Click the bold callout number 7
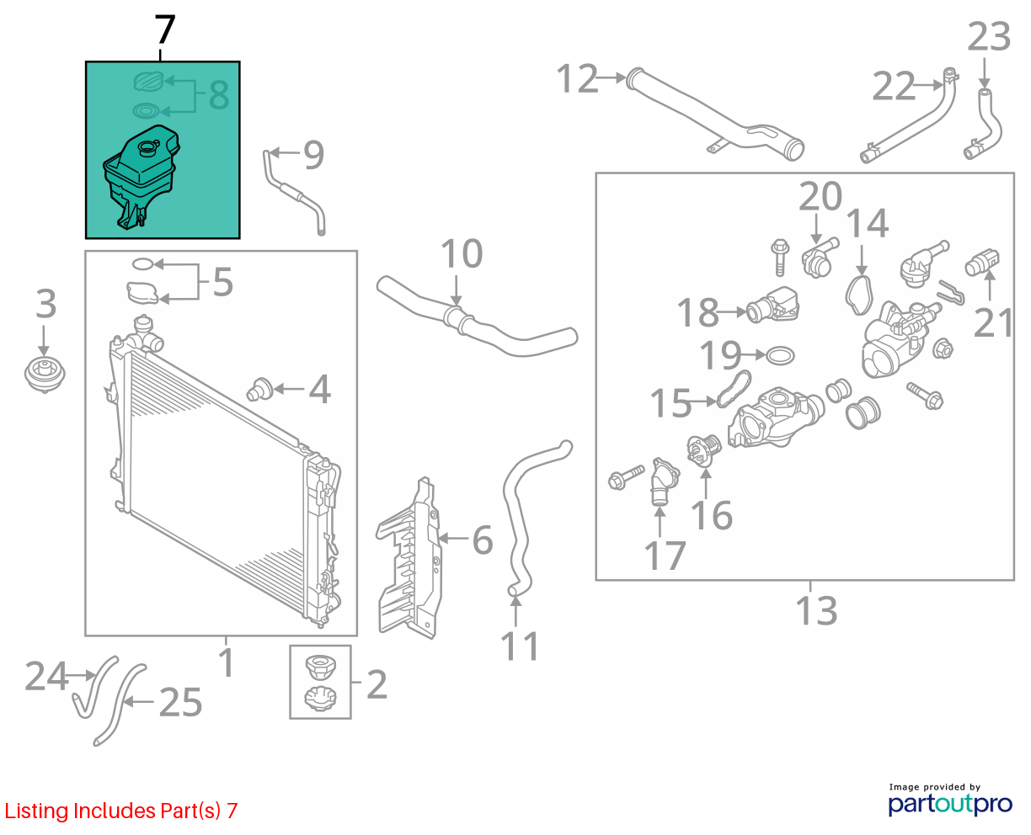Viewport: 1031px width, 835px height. [x=164, y=29]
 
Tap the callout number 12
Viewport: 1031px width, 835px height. [x=578, y=78]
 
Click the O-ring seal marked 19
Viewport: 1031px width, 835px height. [x=780, y=356]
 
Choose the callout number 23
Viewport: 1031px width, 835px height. [x=989, y=36]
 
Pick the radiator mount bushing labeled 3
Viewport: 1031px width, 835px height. [x=45, y=375]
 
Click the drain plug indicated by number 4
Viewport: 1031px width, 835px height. [x=260, y=390]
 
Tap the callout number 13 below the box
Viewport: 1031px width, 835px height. [x=816, y=610]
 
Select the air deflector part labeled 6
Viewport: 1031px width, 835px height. [x=410, y=559]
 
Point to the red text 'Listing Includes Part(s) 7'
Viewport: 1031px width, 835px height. [x=121, y=811]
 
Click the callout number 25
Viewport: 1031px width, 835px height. [x=180, y=702]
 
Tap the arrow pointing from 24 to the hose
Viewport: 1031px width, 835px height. [x=79, y=674]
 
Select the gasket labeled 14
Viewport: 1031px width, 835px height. [x=859, y=295]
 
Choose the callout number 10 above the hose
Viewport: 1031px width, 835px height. [x=462, y=253]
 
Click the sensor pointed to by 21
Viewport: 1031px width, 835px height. [x=982, y=263]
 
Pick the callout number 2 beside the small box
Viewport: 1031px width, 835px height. [x=377, y=684]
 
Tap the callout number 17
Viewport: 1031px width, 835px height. [x=665, y=556]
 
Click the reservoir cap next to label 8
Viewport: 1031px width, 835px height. [x=148, y=81]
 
